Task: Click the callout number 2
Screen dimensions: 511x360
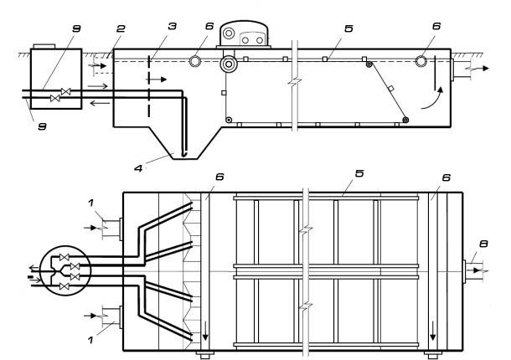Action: click(x=121, y=28)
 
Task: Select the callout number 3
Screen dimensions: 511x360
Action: click(x=172, y=26)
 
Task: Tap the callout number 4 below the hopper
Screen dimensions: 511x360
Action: click(x=138, y=168)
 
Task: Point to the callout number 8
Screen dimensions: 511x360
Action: click(x=483, y=244)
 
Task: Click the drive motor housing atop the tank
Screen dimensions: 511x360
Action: click(x=244, y=33)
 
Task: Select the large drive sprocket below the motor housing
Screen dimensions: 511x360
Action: click(x=229, y=64)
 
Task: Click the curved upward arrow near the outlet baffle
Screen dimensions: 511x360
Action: click(x=432, y=98)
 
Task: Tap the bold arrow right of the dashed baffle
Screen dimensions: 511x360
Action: click(x=157, y=80)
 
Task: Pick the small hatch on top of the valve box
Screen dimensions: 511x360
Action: click(x=44, y=46)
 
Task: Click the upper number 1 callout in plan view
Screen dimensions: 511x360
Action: click(x=91, y=203)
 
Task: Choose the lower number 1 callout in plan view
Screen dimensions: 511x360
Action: click(x=90, y=340)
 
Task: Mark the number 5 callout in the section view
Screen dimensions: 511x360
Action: click(x=348, y=28)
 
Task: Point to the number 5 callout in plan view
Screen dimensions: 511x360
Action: click(x=359, y=173)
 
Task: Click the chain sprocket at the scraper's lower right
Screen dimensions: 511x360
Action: click(x=405, y=121)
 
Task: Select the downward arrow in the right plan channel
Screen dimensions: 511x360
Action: click(x=433, y=331)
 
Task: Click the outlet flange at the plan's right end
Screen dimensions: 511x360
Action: click(x=464, y=271)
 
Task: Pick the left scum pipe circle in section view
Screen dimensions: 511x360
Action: click(x=195, y=61)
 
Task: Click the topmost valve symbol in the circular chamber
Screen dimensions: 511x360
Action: click(x=64, y=258)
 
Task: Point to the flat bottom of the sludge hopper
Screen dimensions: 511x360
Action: click(x=185, y=159)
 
